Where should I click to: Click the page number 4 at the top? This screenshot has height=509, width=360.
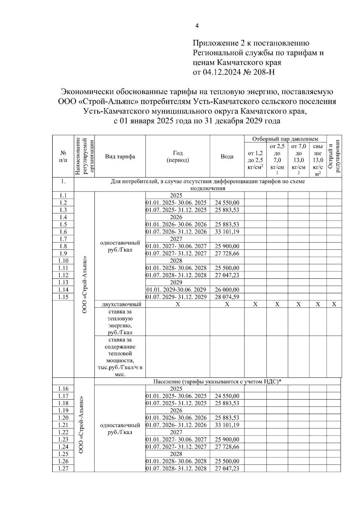coord(197,26)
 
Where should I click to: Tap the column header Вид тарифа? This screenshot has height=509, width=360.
coord(120,156)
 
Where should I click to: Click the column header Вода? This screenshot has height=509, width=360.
coord(227,156)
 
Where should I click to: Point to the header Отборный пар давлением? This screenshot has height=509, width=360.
coord(285,139)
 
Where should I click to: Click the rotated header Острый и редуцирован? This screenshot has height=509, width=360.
coord(334,156)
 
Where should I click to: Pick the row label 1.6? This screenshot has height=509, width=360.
coord(63,232)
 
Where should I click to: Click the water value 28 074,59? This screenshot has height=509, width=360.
coord(227,297)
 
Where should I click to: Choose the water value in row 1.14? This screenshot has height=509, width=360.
coord(227,290)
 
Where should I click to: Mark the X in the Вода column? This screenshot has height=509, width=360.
coord(227,304)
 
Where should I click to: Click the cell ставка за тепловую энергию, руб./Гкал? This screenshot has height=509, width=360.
coord(120,322)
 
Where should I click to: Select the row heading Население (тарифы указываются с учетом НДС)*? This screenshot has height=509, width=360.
coord(217,381)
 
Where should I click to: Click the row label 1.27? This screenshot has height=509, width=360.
coord(63,469)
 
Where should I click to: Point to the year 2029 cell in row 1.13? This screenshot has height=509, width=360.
coord(176,282)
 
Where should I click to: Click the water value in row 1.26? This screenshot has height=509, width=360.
coord(227,461)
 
